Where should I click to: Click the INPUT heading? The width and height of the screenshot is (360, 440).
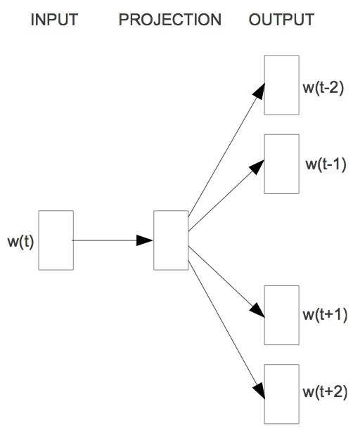click(54, 20)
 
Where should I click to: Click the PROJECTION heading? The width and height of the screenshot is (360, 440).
click(170, 20)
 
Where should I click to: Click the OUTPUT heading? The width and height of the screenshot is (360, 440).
click(281, 20)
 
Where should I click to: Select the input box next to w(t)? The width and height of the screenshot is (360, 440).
click(56, 240)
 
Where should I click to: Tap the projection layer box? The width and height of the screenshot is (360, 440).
click(171, 240)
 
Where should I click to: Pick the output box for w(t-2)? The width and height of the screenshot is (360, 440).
click(281, 85)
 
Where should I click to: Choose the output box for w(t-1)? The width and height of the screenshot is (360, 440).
click(281, 164)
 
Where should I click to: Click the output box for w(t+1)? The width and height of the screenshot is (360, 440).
click(281, 315)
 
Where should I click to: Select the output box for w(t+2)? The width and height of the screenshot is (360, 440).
click(281, 394)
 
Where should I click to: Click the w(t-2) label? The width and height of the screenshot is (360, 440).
click(322, 89)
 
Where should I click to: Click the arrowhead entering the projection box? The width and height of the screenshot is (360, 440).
click(146, 240)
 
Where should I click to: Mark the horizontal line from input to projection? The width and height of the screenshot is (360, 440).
click(105, 240)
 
